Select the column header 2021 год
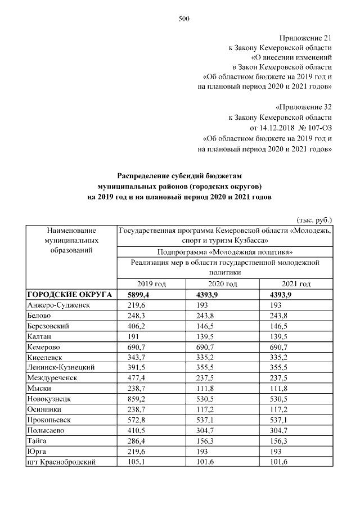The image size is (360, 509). pos(296,284)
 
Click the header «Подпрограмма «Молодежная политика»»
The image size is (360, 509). pos(226,251)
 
